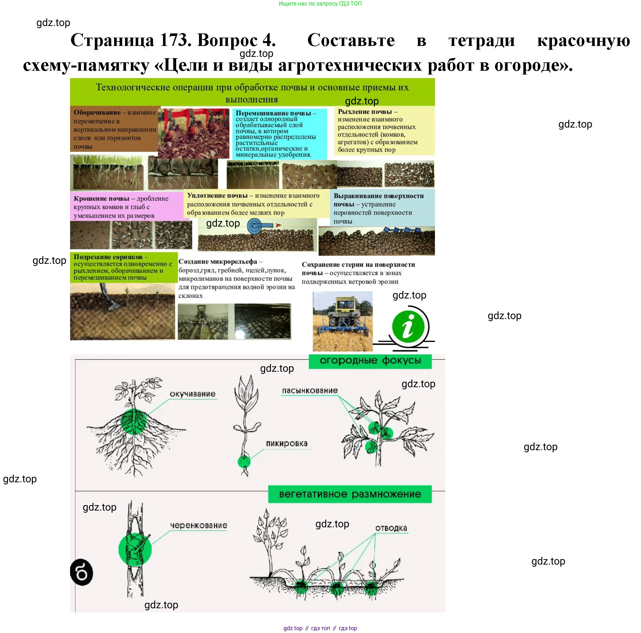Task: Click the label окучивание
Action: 193,394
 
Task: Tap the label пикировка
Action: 287,444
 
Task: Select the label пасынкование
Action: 310,391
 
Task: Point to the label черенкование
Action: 198,526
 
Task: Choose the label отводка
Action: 391,528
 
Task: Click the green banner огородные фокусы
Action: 370,361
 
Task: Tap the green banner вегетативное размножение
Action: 350,495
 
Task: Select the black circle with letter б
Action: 82,573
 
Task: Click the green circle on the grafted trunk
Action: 135,549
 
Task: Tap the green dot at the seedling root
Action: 244,461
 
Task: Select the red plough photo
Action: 194,133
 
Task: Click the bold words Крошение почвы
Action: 102,199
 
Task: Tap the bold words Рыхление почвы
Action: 365,112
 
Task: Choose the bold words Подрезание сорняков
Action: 108,257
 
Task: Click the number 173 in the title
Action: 173,40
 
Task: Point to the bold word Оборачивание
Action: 97,112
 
